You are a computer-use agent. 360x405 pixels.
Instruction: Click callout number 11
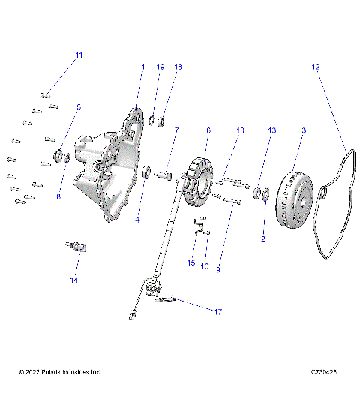pos(79,55)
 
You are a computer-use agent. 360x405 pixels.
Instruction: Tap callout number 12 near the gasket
pos(316,67)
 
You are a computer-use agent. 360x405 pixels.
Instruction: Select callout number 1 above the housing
pos(142,67)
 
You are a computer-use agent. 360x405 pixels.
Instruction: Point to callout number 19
pos(160,67)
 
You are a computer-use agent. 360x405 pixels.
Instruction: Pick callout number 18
pos(178,67)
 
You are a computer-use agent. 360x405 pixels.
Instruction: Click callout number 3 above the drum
pos(304,130)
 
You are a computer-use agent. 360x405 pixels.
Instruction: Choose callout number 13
pos(271,130)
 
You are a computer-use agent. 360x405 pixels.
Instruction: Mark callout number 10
pos(240,130)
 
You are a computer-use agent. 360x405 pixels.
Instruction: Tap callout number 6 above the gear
pos(208,130)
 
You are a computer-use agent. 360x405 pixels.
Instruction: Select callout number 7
pos(176,130)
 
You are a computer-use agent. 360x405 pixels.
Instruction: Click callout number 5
pos(79,107)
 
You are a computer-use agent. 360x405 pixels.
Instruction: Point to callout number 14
pos(73,280)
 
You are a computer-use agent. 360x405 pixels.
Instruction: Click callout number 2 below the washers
pos(263,239)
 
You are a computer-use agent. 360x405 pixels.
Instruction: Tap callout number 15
pos(191,263)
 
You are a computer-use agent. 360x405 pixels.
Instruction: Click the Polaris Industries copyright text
pos(60,372)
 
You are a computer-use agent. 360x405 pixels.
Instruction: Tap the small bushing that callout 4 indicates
pos(147,174)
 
